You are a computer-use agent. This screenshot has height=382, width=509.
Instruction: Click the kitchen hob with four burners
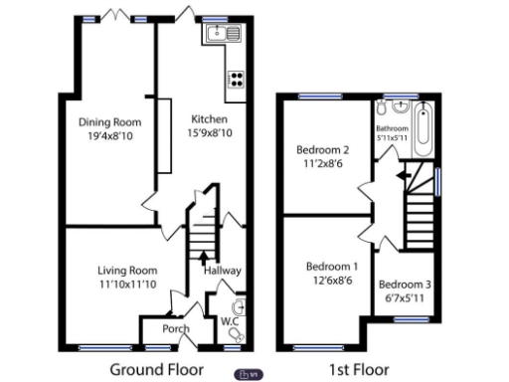(237, 80)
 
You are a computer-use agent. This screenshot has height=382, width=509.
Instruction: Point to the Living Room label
(127, 270)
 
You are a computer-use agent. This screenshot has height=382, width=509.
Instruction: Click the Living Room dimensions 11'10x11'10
(127, 285)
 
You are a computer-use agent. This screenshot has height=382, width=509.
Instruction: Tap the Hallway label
(222, 270)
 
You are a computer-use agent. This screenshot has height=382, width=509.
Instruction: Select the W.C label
(230, 321)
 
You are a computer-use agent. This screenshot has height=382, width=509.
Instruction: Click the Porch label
(177, 329)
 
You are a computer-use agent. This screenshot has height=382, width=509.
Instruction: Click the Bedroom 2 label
(323, 150)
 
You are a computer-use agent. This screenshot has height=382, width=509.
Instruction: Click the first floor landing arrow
(401, 174)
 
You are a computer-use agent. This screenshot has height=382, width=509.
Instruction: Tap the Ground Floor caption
(156, 369)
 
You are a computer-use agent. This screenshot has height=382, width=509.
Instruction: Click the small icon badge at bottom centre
(250, 374)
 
